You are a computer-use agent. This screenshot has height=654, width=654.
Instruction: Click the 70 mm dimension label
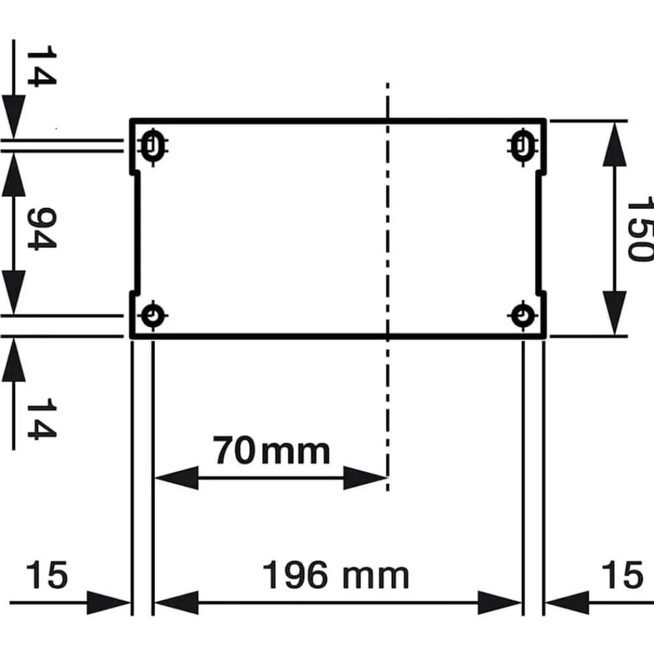pos(271,451)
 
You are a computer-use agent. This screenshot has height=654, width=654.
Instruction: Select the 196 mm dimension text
pos(336,576)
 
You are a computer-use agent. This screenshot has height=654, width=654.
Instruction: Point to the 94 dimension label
pos(41,228)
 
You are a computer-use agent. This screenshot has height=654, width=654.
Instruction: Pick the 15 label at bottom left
pos(46,576)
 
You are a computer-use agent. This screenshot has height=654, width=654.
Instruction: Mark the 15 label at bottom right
pos(623,576)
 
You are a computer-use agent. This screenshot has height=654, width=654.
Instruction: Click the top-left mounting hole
pos(152,146)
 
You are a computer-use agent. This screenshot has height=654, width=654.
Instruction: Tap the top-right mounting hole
pos(523,146)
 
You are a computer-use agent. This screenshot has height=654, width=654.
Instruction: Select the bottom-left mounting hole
pos(152,316)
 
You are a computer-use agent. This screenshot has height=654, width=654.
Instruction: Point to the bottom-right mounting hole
pos(523,316)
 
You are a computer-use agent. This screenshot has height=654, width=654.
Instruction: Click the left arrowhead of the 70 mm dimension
pos(176,478)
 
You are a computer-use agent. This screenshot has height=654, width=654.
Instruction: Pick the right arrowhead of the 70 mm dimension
pos(366,478)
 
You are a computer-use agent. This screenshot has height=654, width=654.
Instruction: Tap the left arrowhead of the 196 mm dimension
pos(176,603)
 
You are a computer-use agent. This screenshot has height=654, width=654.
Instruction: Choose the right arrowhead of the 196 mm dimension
pos(500,603)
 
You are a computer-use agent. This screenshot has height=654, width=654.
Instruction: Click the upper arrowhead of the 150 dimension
pos(615,145)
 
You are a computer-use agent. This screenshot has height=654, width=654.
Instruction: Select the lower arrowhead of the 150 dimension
pos(615,313)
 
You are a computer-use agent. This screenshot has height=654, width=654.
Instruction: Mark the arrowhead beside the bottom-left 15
pos(109,603)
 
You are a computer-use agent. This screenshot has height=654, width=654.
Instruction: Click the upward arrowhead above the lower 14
pos(14,360)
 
